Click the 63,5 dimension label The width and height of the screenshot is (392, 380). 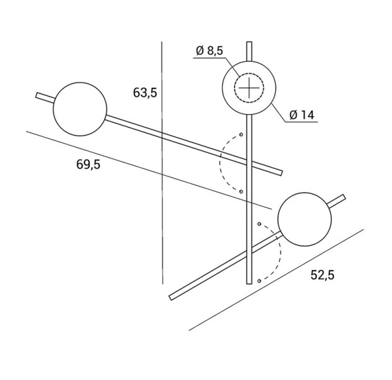click(145, 92)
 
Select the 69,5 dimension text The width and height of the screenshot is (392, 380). click(89, 165)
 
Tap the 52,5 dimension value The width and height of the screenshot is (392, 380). click(322, 275)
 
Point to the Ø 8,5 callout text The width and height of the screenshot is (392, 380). click(209, 51)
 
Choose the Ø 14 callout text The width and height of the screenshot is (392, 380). click(302, 115)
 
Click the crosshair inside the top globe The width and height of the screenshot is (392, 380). click(249, 88)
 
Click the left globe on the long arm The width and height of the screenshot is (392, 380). click(80, 109)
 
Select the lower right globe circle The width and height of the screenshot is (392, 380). click(305, 219)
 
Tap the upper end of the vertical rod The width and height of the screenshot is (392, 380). click(249, 42)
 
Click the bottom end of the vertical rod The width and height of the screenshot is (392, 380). click(249, 283)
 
